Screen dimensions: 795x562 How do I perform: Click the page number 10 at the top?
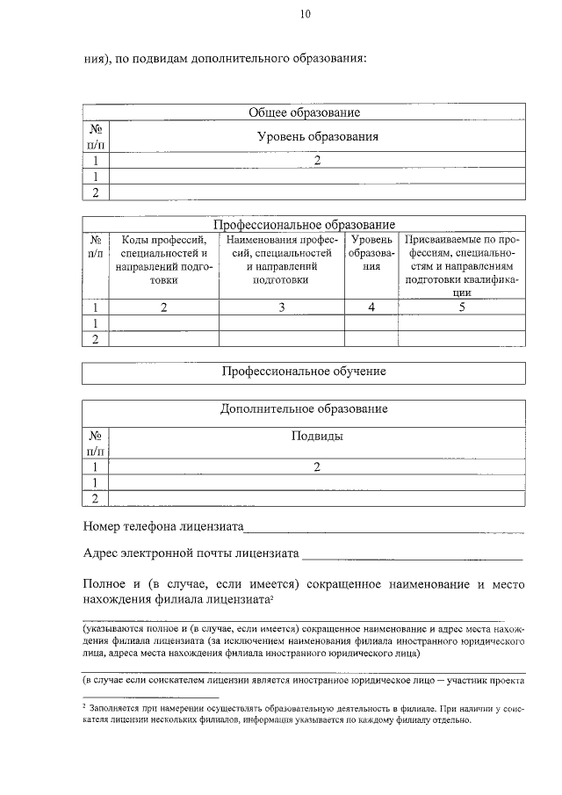click(x=304, y=13)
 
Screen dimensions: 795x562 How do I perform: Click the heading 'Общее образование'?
click(x=304, y=112)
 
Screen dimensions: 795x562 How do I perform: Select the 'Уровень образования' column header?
click(x=317, y=137)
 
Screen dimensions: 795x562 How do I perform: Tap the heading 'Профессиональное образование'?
click(x=304, y=225)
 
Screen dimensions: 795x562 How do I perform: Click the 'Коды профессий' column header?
click(x=163, y=259)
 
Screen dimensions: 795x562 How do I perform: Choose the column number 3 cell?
click(x=281, y=307)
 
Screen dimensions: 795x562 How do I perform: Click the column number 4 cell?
click(x=371, y=307)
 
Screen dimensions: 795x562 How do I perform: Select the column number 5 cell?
click(x=461, y=307)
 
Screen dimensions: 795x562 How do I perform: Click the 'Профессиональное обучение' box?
click(x=304, y=372)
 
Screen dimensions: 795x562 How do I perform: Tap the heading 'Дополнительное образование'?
click(x=304, y=409)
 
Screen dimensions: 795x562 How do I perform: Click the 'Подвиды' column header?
click(x=317, y=436)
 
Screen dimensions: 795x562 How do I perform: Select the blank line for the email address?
click(x=412, y=556)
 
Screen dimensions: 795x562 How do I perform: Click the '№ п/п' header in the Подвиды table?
click(x=96, y=443)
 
